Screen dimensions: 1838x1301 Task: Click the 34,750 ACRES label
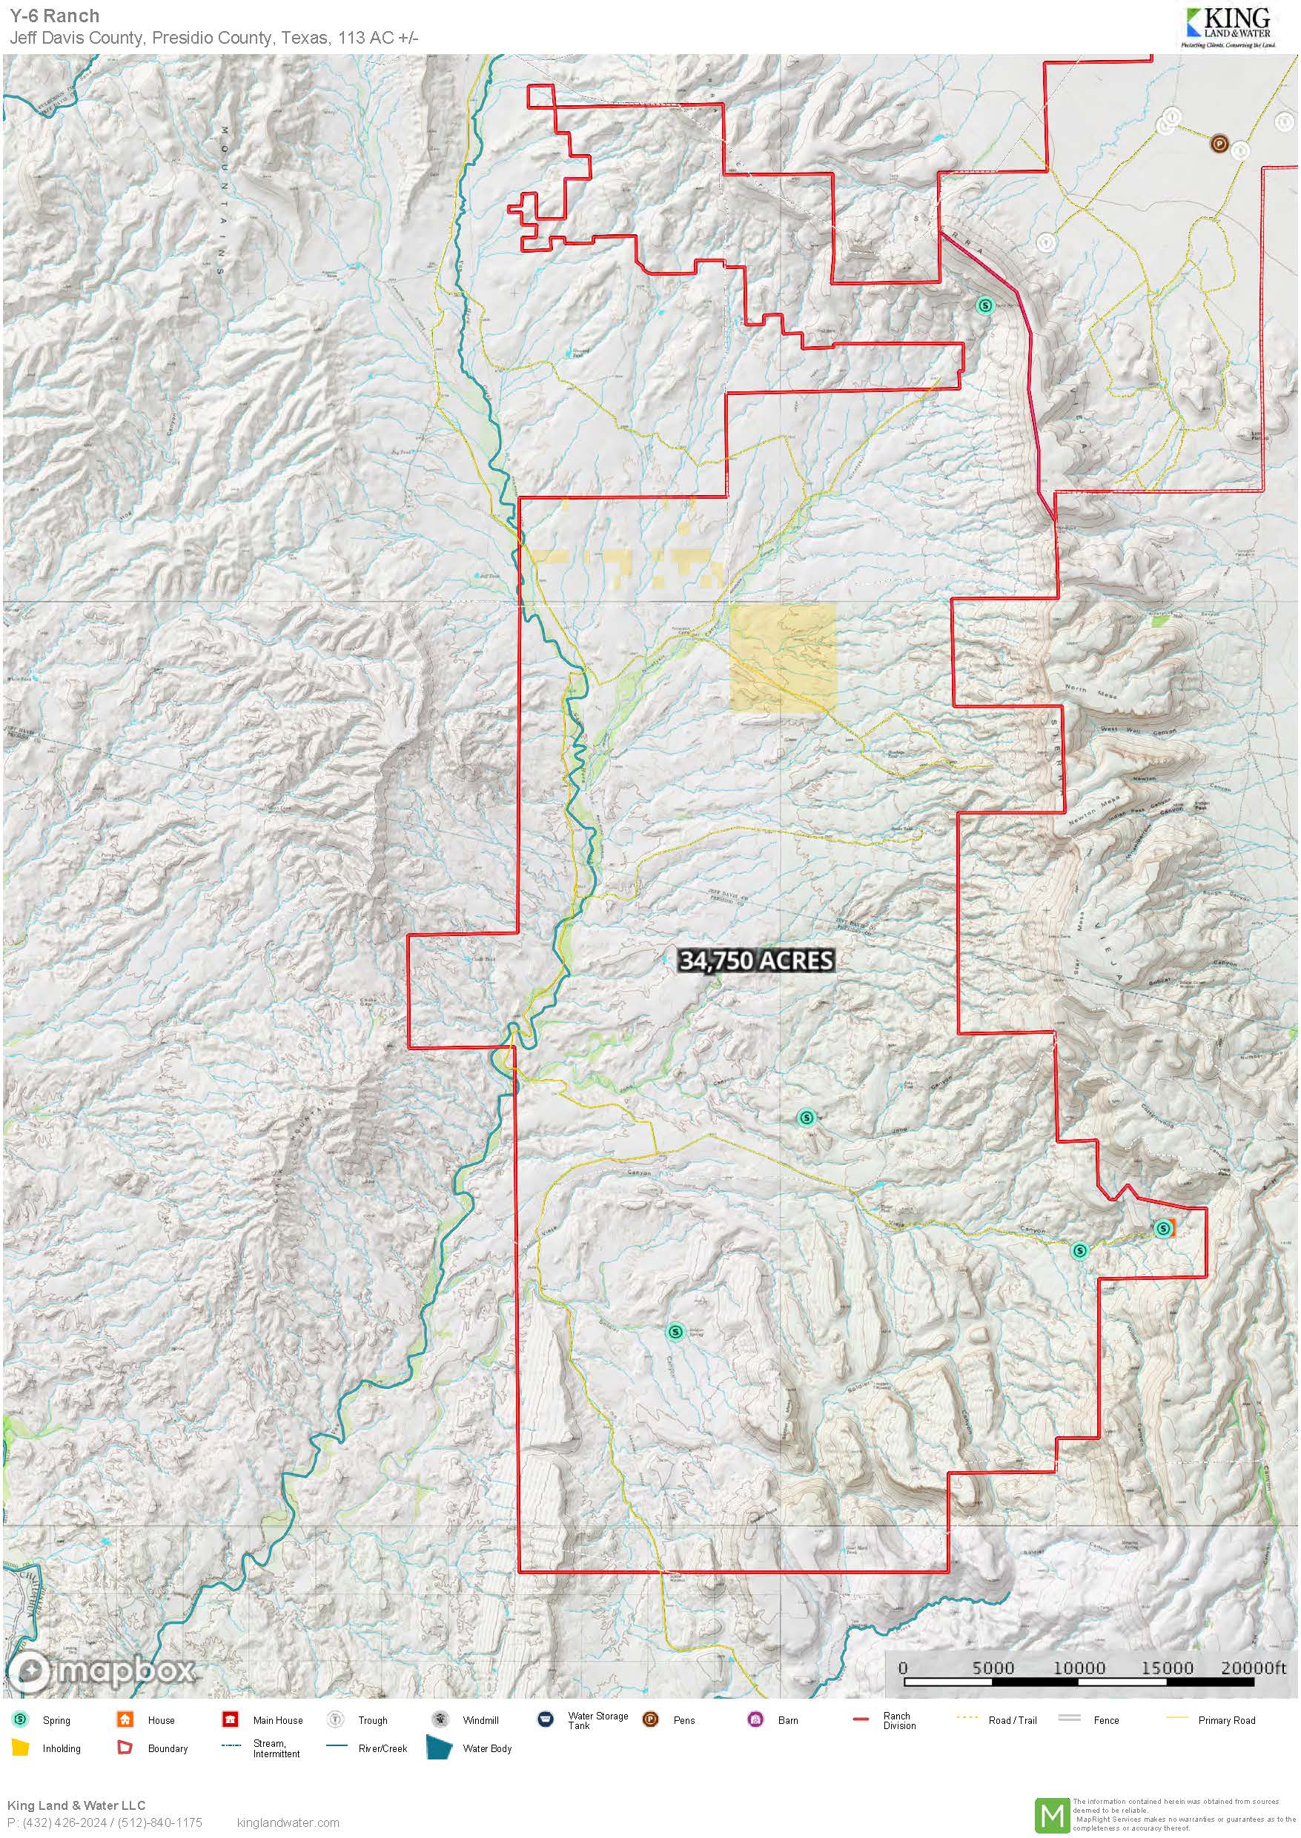(x=756, y=961)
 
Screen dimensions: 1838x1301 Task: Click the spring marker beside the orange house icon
(x=1162, y=1228)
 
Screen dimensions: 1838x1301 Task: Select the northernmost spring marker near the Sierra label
(x=985, y=305)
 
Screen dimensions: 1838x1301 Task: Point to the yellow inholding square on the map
(x=783, y=657)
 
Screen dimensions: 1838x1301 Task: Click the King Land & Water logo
(x=1226, y=27)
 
